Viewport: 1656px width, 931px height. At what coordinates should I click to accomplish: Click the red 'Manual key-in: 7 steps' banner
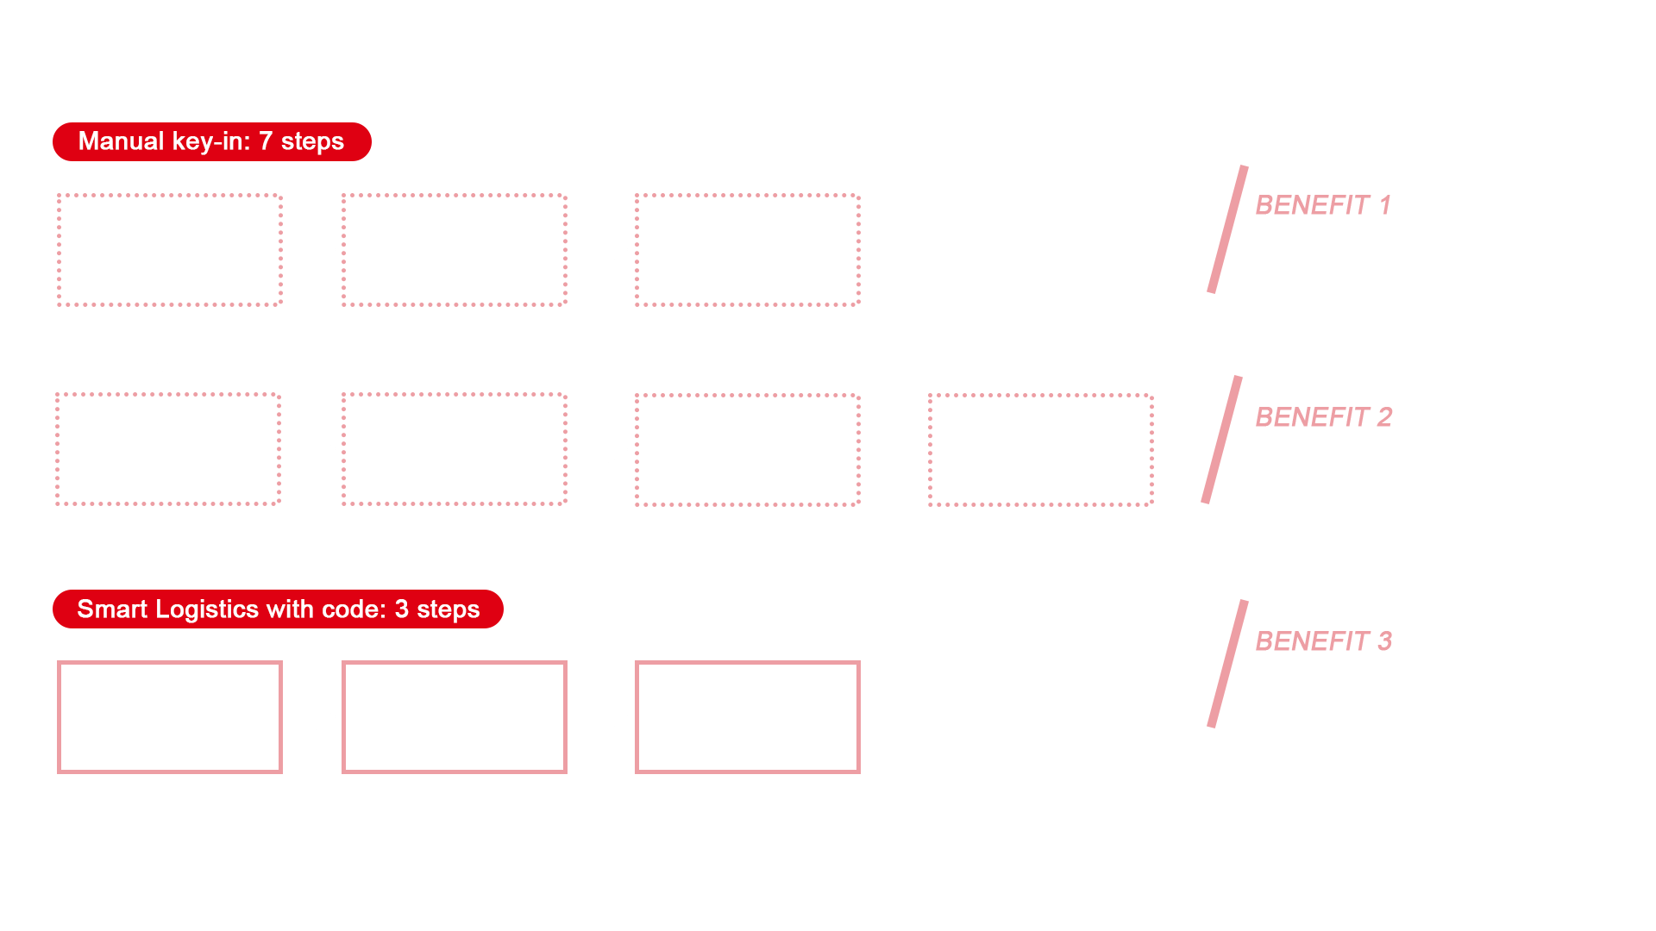pos(211,141)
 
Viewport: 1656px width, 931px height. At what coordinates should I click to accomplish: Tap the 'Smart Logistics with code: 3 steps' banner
pos(278,609)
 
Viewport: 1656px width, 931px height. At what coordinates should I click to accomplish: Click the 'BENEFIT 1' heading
pos(1323,205)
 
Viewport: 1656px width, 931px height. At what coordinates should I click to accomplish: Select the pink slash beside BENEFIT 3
pos(1227,664)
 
